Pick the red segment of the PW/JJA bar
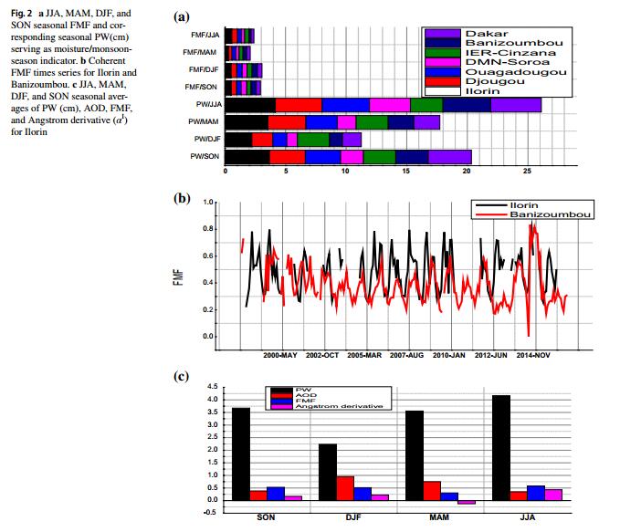pyautogui.click(x=299, y=105)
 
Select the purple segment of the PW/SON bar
pyautogui.click(x=450, y=156)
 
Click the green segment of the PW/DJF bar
pyautogui.click(x=313, y=139)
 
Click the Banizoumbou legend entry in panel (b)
pyautogui.click(x=548, y=214)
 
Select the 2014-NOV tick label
pyautogui.click(x=532, y=354)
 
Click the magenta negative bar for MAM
pyautogui.click(x=467, y=502)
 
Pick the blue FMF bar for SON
pyautogui.click(x=275, y=493)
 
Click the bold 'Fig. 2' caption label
pyautogui.click(x=21, y=15)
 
